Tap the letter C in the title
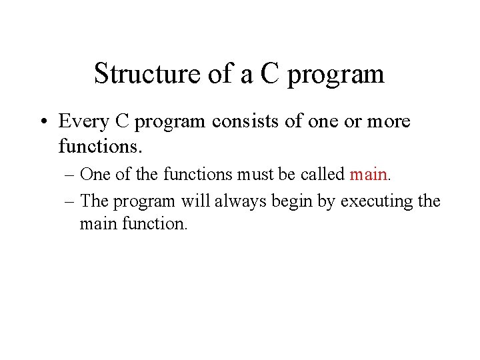(x=269, y=73)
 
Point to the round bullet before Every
(x=42, y=122)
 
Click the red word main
(x=368, y=175)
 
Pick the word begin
(x=293, y=202)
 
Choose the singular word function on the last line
(x=155, y=223)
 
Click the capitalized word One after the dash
(x=94, y=175)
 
